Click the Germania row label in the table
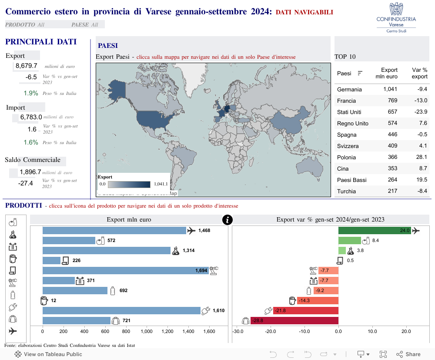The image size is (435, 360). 349,90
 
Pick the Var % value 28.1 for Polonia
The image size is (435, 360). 422,157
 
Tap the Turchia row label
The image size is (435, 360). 346,191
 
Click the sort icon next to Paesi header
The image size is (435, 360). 360,73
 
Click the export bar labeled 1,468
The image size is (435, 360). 114,231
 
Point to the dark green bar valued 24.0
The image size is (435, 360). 374,231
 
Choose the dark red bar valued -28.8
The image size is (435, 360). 294,321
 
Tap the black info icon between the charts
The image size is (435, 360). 227,220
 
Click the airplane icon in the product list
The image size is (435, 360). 13,331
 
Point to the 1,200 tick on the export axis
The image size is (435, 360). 167,331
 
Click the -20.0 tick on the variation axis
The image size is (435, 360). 271,331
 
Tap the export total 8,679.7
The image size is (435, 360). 26,66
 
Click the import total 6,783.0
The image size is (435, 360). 31,117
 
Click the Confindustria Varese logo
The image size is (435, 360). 396,17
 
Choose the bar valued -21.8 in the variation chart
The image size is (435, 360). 306,311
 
